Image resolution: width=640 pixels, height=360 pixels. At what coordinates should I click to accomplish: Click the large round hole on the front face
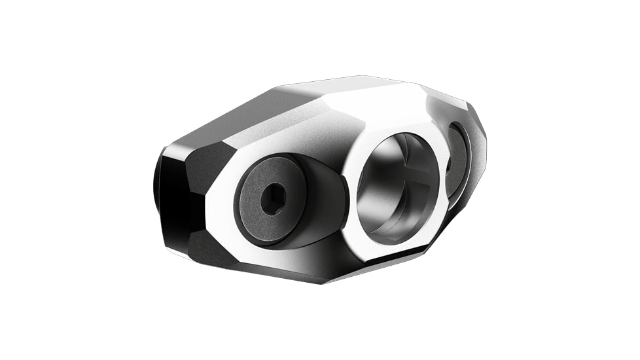[x=399, y=187]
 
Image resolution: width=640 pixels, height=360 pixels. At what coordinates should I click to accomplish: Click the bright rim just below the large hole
[x=393, y=252]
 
